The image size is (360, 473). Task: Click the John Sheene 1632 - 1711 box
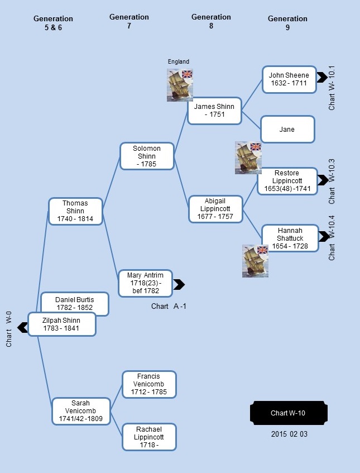(x=289, y=79)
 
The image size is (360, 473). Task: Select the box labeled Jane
(x=287, y=129)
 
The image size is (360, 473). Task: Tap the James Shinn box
(x=214, y=111)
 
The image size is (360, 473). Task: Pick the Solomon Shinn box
(x=147, y=156)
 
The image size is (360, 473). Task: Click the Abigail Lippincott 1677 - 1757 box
(x=215, y=209)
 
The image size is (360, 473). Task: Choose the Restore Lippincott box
(x=287, y=181)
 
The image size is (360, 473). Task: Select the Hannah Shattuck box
(x=290, y=238)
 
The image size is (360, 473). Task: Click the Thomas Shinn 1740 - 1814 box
(x=75, y=211)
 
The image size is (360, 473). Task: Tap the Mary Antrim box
(x=145, y=283)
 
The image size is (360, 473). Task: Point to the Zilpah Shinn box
(x=62, y=324)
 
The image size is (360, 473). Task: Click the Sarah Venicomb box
(x=81, y=411)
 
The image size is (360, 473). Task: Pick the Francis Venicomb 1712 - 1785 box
(x=149, y=384)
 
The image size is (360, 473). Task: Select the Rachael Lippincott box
(x=149, y=437)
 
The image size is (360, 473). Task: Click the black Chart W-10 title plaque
(x=289, y=413)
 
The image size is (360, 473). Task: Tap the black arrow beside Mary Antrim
(x=179, y=284)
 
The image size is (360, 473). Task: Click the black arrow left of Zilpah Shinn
(x=23, y=328)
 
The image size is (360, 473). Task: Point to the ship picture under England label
(x=180, y=85)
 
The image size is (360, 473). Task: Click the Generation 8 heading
(x=211, y=21)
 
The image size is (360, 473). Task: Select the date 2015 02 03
(x=289, y=434)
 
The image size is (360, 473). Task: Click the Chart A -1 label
(x=169, y=307)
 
